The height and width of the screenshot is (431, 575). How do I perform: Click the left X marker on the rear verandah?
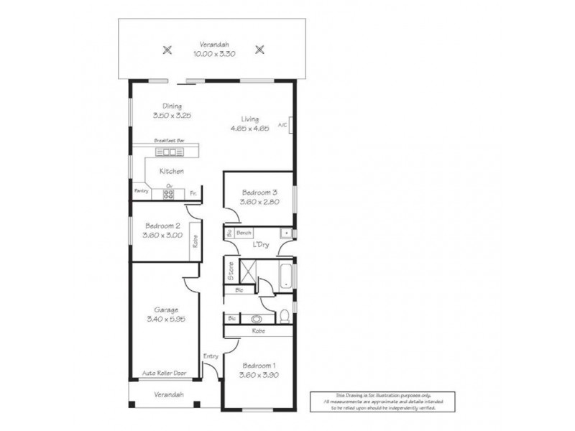[x=167, y=50]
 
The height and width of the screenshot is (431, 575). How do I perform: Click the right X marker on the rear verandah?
[x=260, y=50]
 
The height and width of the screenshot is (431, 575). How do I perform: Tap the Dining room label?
[x=172, y=106]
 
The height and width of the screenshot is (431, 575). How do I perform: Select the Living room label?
[x=250, y=119]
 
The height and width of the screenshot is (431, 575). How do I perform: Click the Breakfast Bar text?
[x=170, y=142]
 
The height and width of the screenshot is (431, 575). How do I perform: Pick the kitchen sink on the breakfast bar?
[x=170, y=152]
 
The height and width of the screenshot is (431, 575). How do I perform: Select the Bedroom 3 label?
[x=259, y=193]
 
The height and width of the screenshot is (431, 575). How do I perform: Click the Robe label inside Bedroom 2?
[x=195, y=243]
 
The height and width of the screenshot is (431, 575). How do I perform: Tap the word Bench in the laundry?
[x=244, y=233]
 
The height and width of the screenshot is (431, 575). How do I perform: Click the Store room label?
[x=231, y=271]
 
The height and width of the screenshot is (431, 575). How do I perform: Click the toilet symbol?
[x=285, y=314]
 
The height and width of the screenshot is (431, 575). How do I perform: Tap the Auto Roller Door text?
[x=164, y=374]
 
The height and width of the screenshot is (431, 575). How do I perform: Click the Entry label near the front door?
[x=210, y=356]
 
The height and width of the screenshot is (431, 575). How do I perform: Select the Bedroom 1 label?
[x=259, y=364]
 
